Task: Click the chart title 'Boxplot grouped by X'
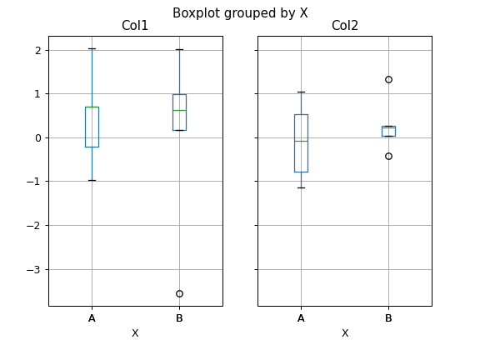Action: [x=240, y=12]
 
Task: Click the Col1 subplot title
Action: [x=135, y=27]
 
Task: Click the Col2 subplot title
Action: [x=344, y=27]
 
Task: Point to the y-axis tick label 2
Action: [x=36, y=50]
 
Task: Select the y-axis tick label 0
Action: [x=36, y=137]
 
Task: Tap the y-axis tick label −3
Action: [x=32, y=269]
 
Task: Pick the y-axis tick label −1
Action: [x=32, y=182]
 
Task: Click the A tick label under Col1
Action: [x=92, y=317]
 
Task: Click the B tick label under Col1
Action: [x=179, y=317]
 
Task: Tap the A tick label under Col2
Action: [x=301, y=317]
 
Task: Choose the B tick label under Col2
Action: [x=388, y=317]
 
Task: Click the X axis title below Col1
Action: [x=135, y=333]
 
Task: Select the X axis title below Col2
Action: [x=344, y=333]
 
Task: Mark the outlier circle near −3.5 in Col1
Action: [x=179, y=293]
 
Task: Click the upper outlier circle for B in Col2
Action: [x=388, y=79]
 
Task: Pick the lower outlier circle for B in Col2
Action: [x=388, y=156]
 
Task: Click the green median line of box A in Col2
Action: [x=301, y=141]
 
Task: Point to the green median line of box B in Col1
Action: [x=179, y=110]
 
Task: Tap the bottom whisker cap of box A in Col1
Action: [x=92, y=180]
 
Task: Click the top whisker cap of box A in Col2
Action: [x=301, y=92]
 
